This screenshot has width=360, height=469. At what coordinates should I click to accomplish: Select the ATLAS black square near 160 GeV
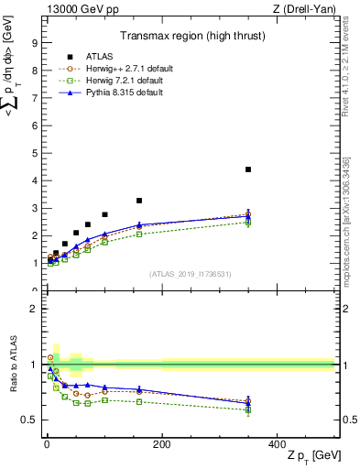139,201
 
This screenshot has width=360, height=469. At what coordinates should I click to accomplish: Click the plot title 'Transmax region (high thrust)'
190,37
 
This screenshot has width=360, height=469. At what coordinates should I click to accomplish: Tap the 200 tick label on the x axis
161,443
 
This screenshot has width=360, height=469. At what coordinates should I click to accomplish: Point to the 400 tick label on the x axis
277,443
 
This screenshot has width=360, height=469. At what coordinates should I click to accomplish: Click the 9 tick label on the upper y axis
35,42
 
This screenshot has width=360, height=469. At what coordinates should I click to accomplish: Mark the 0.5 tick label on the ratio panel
29,420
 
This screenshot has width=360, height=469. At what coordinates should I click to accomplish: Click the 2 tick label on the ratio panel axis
35,309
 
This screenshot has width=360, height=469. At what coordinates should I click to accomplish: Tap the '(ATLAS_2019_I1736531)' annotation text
190,274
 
